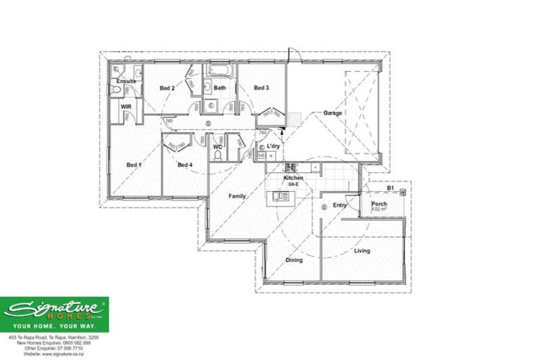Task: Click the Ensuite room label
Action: [x=127, y=81]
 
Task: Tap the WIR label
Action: [x=126, y=107]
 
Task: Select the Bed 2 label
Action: [x=167, y=88]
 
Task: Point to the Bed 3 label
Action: [x=261, y=88]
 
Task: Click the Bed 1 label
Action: [x=134, y=165]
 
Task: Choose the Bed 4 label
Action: [x=184, y=165]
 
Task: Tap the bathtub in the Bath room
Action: [x=219, y=71]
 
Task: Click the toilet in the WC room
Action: [x=218, y=155]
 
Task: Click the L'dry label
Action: [x=273, y=146]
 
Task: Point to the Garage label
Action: [x=333, y=112]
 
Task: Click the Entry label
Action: [x=340, y=205]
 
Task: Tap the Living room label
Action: [x=362, y=250]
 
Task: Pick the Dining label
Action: [x=294, y=260]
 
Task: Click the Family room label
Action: [x=236, y=196]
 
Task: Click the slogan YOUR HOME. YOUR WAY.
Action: [x=54, y=327]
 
